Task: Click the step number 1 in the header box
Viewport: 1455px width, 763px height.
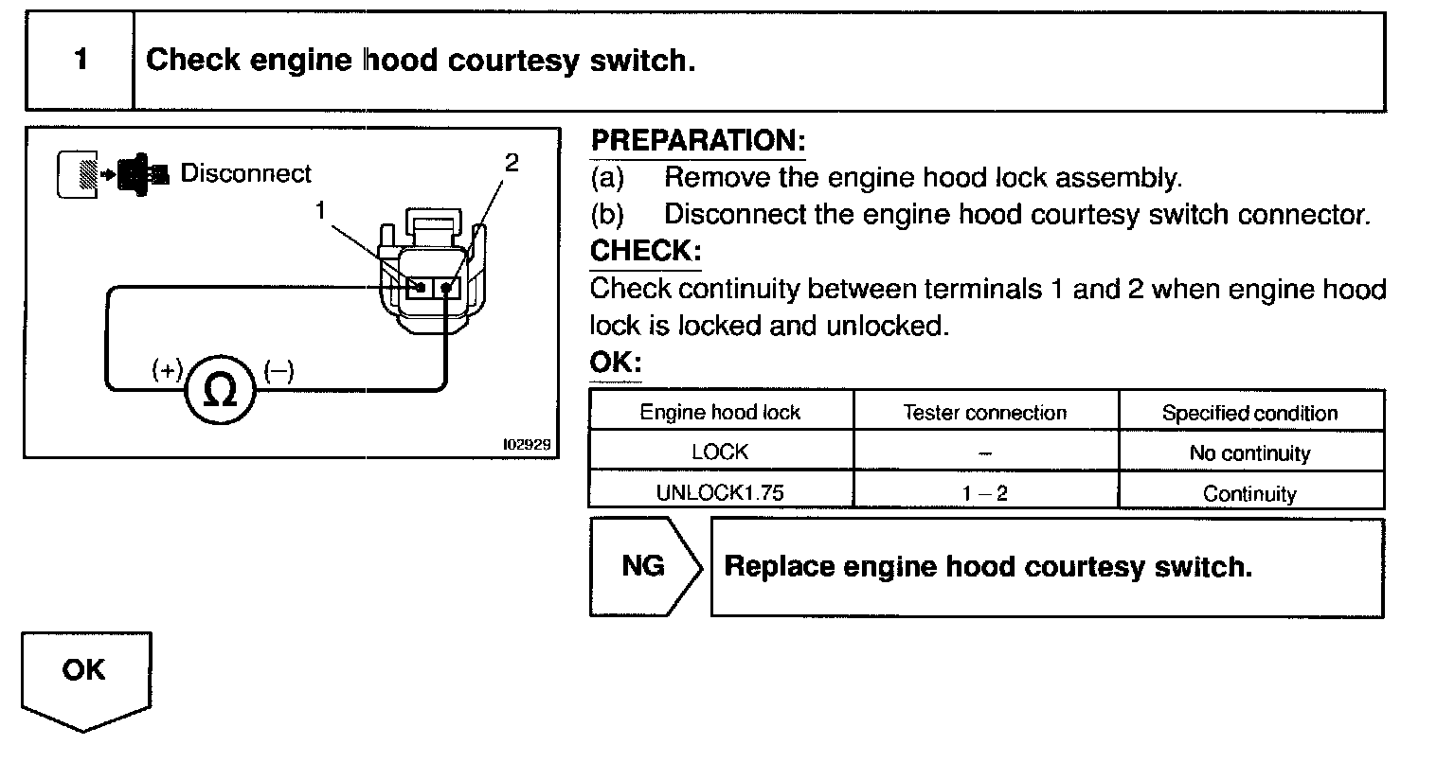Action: click(81, 61)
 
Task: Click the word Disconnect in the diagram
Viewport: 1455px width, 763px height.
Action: click(245, 174)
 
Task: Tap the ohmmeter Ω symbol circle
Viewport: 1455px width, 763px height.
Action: click(221, 391)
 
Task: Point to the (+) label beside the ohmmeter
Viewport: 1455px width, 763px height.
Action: click(168, 370)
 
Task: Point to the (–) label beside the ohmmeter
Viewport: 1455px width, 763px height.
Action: click(278, 370)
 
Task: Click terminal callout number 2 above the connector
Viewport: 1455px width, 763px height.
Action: click(512, 163)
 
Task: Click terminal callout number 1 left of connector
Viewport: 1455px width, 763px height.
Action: click(322, 210)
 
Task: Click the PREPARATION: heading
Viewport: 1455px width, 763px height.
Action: click(698, 142)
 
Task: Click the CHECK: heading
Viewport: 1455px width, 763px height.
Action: click(645, 252)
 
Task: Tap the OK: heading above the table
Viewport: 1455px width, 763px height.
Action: click(615, 364)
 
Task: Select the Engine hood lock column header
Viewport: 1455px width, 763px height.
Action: click(720, 413)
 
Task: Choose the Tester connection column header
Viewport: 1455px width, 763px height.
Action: click(985, 413)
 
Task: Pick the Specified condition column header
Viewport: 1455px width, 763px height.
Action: click(1249, 414)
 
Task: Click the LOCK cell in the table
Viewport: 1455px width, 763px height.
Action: click(720, 452)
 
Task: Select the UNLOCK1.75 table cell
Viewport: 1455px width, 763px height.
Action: click(721, 493)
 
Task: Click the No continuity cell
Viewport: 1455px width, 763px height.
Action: click(1249, 453)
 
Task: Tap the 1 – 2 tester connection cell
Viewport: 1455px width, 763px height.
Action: click(985, 493)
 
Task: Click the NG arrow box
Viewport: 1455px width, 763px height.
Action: click(645, 566)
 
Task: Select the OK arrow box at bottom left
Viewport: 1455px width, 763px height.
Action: click(85, 674)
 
